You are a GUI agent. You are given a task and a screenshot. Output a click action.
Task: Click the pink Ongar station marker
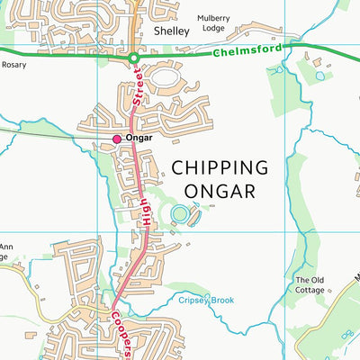[116, 139]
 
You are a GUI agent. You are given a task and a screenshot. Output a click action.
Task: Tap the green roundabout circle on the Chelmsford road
[133, 58]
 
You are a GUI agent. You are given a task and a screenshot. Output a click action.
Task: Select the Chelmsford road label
[247, 51]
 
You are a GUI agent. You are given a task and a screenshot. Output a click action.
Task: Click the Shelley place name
[172, 31]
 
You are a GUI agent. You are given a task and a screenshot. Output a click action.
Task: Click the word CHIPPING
[220, 167]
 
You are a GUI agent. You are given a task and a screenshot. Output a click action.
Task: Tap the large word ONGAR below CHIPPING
[220, 191]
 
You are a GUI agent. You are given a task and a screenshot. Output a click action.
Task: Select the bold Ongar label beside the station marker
[140, 139]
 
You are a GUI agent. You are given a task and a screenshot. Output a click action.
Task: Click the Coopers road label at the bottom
[122, 329]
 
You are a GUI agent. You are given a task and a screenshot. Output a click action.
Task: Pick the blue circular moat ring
[180, 214]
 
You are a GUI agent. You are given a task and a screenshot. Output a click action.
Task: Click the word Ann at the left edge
[5, 247]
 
